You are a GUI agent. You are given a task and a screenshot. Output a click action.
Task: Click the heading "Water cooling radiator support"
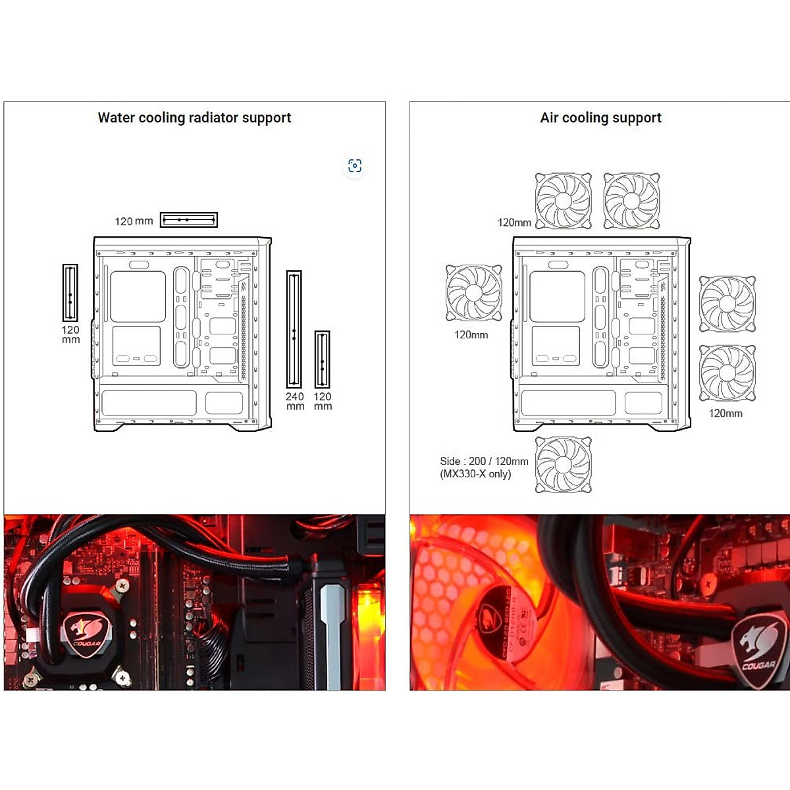coord(194,118)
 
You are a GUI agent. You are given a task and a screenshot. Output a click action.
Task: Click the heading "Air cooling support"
coord(600,118)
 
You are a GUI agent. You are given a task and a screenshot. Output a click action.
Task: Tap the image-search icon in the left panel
coord(355,166)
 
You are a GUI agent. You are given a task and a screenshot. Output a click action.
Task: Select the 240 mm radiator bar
coord(294,329)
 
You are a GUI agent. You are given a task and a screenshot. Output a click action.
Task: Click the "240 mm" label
coord(295,401)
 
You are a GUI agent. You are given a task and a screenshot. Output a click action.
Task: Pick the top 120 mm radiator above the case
coord(189,220)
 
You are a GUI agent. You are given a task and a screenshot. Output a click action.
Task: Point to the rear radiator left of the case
coord(70,293)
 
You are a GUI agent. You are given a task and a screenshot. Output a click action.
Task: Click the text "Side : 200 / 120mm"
coord(484,461)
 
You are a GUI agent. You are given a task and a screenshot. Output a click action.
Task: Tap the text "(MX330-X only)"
coord(475,474)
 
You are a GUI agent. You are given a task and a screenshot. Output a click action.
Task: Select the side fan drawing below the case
coord(564,464)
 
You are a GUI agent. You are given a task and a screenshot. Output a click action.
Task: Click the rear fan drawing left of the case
coord(474,293)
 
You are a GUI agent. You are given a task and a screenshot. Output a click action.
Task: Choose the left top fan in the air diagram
coord(564,201)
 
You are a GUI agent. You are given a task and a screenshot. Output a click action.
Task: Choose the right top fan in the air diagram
coord(631,201)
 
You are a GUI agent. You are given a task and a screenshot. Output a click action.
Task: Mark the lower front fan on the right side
coord(727,373)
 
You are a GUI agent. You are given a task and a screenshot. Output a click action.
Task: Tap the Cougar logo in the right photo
coord(758,648)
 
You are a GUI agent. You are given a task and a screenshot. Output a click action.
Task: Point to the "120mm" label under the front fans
coord(725,413)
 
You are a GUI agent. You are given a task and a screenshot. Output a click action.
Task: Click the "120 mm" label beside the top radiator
coord(134,221)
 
